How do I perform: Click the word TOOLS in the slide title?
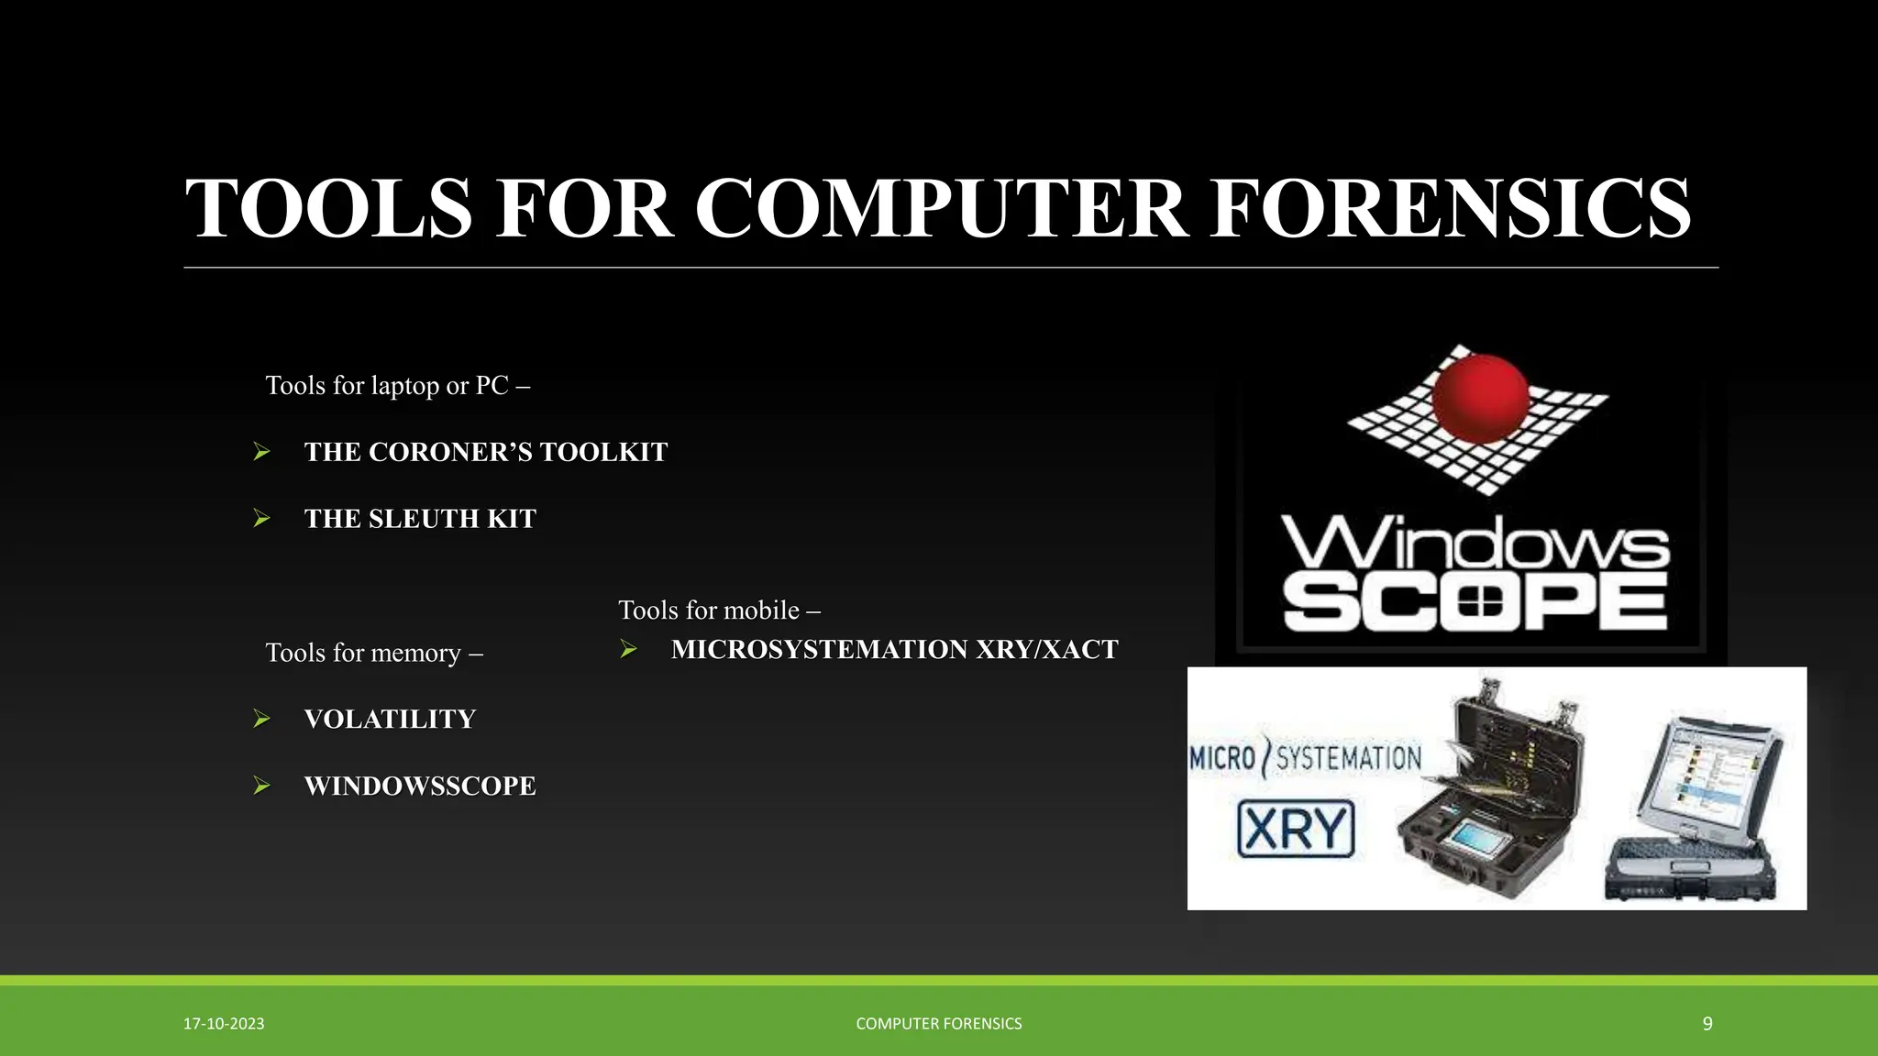coord(328,209)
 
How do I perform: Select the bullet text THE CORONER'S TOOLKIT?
coord(486,452)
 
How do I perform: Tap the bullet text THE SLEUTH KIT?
coord(420,519)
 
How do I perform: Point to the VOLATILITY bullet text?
coord(390,720)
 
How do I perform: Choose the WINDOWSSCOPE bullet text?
coord(420,786)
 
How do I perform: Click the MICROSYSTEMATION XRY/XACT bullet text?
coord(894,650)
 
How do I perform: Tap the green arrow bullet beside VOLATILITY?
coord(261,719)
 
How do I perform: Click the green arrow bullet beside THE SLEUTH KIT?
coord(261,519)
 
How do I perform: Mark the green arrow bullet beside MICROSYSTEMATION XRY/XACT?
coord(628,649)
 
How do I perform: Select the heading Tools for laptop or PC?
coord(397,386)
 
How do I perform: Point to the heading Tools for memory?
coord(373,653)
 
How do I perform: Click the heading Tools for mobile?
coord(719,610)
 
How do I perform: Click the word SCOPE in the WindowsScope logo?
coord(1475,602)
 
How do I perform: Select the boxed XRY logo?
coord(1296,829)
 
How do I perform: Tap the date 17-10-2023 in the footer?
coord(224,1024)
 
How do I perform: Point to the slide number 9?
coord(1707,1024)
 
